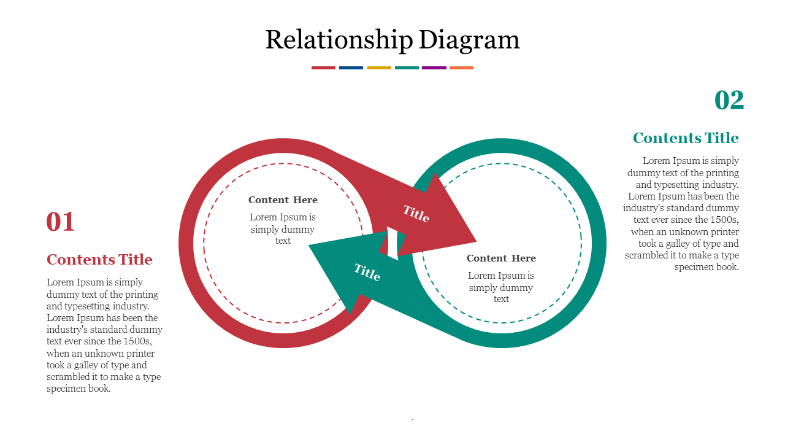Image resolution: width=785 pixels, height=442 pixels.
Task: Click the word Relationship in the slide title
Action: click(339, 41)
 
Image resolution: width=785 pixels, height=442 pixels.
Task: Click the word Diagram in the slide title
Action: click(470, 41)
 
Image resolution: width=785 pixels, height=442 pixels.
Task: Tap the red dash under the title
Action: click(323, 68)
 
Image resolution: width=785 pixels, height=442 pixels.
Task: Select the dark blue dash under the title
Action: click(351, 68)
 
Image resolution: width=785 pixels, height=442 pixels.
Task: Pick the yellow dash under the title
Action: click(379, 68)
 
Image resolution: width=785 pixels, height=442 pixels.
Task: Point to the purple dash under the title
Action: click(434, 68)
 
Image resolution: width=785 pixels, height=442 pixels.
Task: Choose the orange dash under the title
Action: click(461, 68)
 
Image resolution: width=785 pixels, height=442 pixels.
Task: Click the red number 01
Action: click(61, 222)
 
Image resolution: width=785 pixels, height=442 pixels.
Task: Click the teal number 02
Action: click(729, 101)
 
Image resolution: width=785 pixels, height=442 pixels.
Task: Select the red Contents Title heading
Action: click(99, 260)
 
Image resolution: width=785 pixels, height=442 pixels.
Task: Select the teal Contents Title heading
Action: click(686, 138)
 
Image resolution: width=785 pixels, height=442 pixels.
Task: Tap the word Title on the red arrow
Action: click(416, 214)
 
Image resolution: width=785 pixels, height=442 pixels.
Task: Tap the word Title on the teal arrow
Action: click(367, 272)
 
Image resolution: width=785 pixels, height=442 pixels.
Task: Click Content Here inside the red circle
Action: click(283, 200)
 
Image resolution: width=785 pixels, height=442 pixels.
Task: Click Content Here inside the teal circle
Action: click(501, 258)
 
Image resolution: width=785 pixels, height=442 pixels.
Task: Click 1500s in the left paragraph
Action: click(137, 341)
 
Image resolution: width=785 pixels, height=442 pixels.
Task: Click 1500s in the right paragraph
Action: click(724, 220)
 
